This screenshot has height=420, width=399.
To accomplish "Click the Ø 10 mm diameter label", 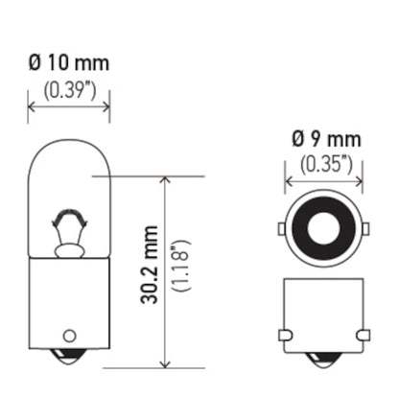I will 68,64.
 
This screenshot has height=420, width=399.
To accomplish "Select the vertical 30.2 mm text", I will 149,271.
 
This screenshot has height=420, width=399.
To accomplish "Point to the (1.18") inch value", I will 191,271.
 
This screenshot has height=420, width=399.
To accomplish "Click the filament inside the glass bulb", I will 68,231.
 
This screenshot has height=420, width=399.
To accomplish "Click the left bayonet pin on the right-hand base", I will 284,334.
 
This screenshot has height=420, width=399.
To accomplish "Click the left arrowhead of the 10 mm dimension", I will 32,105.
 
